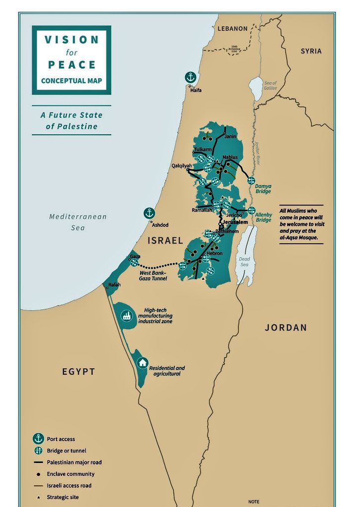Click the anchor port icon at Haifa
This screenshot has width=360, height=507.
(x=191, y=77)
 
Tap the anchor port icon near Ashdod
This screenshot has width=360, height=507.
(x=149, y=213)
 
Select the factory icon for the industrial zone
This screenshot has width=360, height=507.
(x=127, y=315)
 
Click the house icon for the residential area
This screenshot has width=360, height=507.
(x=143, y=363)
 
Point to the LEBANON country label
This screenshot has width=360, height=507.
(x=232, y=29)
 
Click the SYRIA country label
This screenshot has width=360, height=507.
(x=311, y=51)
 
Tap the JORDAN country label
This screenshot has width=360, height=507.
(x=286, y=327)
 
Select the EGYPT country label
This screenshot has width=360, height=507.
(x=78, y=371)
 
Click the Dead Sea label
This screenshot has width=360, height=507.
(x=245, y=262)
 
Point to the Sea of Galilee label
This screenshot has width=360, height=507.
(x=271, y=85)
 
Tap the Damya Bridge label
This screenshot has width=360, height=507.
(x=263, y=188)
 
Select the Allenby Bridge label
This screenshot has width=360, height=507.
(x=264, y=217)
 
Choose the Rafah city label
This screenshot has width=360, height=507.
(x=114, y=285)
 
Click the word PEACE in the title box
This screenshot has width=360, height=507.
(x=71, y=65)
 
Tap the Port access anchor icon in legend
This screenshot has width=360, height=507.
(x=38, y=439)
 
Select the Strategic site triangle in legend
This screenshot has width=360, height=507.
(x=38, y=497)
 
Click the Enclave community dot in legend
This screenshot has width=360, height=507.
(x=38, y=474)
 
